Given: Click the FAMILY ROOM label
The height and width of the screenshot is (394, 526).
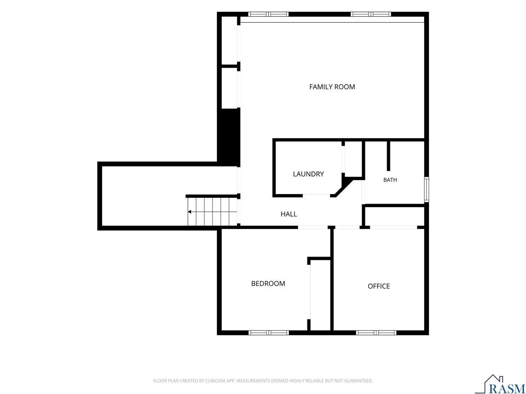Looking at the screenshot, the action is coord(332,87).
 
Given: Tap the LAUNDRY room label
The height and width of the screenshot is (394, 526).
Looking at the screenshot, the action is coord(308,174).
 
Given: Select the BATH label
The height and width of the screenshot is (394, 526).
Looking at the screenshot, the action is coord(390,180).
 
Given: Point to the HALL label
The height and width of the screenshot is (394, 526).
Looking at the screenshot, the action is coord(289,214).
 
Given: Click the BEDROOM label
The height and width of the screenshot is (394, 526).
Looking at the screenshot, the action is coord(268,284).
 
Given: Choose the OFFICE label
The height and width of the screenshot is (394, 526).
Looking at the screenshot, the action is coord(378,286).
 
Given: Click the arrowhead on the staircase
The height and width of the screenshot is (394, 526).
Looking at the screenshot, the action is coord(189,212).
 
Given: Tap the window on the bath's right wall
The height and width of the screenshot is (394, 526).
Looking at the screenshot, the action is coord(426,190).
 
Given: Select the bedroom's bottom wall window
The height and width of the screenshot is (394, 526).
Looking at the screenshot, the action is coord(268,333).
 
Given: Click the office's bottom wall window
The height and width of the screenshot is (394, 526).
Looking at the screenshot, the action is coord(376,333).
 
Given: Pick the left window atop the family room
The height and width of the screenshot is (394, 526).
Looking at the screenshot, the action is coord(268,14).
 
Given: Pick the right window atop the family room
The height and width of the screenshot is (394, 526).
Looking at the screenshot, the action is coord(371,14).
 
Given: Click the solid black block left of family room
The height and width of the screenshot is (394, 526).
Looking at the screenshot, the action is coord(228,137).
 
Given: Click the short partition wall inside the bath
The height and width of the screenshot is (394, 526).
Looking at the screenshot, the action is coord(388,156).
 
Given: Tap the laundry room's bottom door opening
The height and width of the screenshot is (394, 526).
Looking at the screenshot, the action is coord(316,195).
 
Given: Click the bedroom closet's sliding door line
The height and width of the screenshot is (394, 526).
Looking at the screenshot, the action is coord(311,292).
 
